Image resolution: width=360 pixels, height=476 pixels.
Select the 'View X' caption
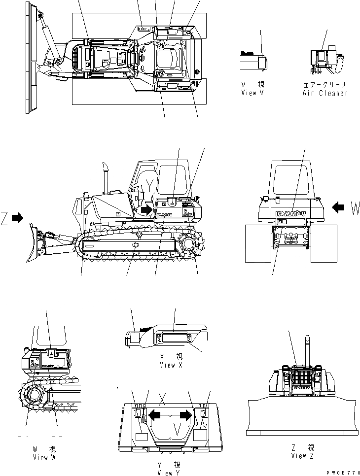(x=171, y=365)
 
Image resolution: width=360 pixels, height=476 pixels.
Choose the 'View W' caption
(x=40, y=457)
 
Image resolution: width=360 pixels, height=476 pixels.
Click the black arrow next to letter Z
(x=17, y=217)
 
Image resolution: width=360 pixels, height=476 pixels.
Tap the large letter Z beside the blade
(x=4, y=217)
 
